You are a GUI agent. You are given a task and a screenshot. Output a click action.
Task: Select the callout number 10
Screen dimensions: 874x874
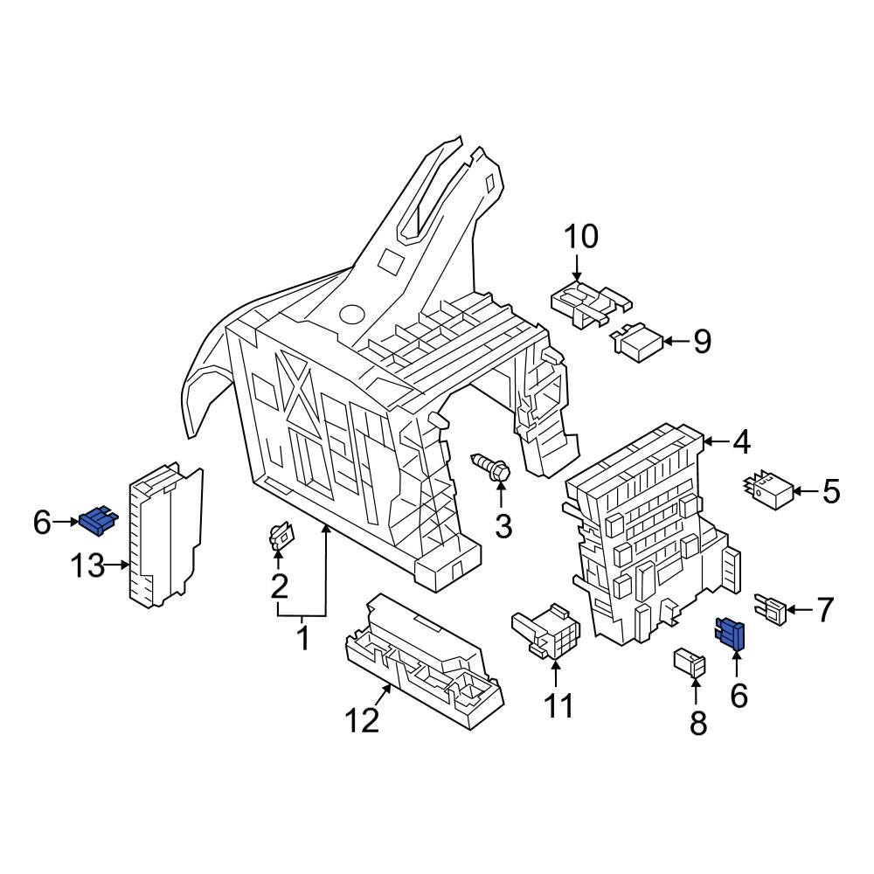[580, 237]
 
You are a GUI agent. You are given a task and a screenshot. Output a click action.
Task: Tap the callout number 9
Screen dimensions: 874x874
[702, 342]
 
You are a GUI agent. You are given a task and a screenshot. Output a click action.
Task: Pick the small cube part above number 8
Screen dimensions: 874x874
[690, 663]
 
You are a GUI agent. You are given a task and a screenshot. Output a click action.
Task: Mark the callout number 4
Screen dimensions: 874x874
[740, 442]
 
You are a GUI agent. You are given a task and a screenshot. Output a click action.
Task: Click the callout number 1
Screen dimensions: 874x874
[302, 639]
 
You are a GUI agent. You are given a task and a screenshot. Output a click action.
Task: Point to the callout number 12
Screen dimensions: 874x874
[361, 720]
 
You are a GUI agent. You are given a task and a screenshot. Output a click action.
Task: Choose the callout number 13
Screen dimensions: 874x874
[87, 566]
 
